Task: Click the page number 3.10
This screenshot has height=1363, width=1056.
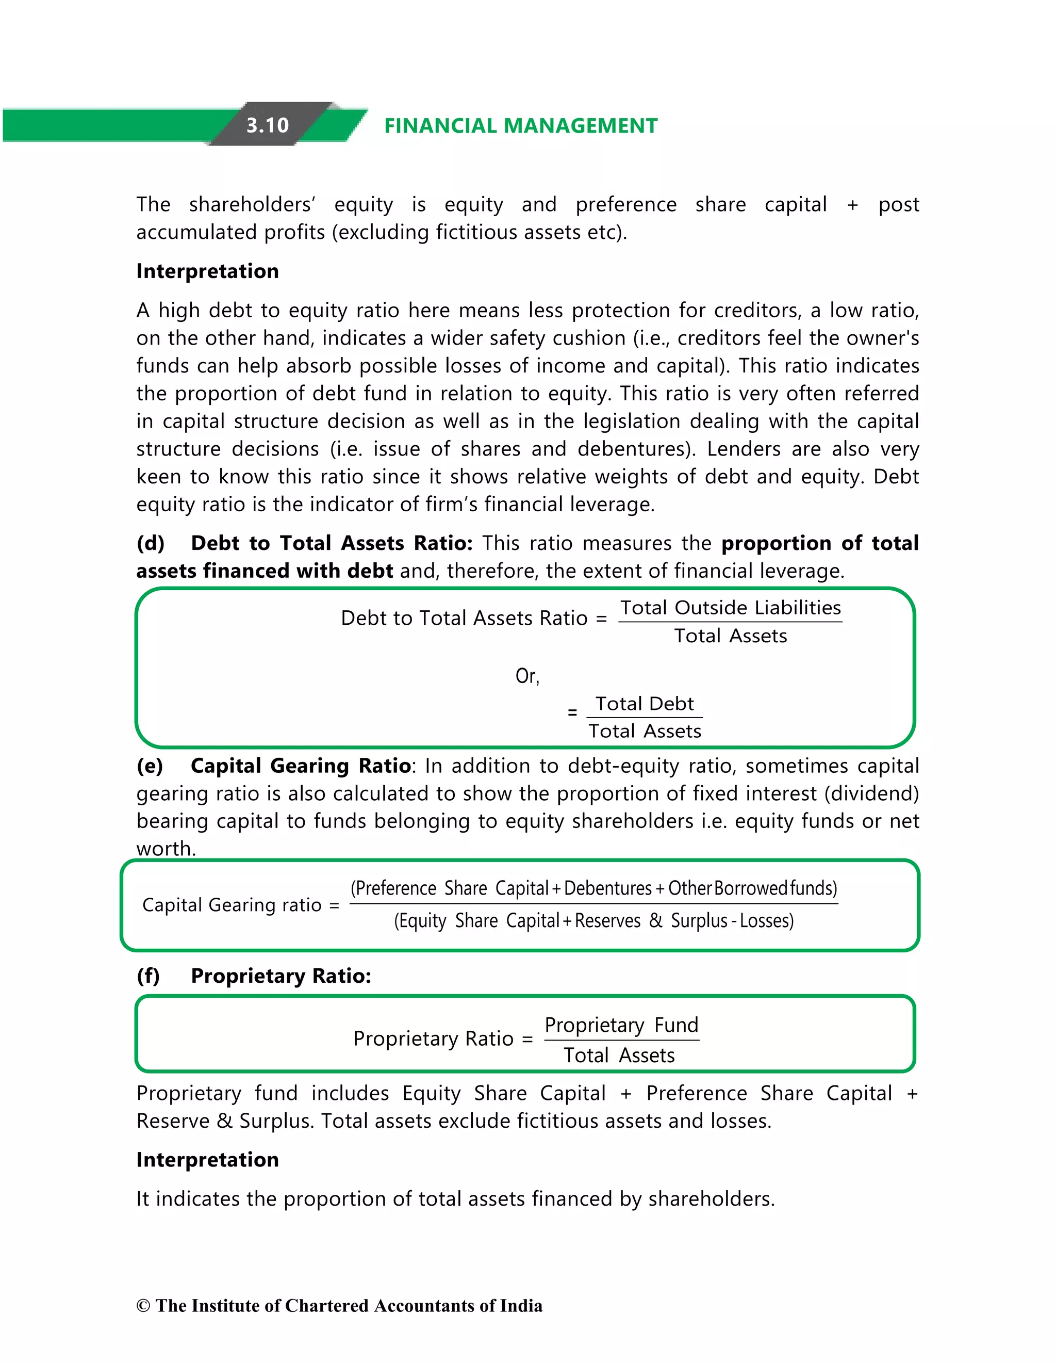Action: click(268, 125)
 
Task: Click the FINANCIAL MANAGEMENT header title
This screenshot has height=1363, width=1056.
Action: click(521, 126)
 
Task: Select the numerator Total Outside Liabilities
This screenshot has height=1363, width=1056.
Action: click(731, 608)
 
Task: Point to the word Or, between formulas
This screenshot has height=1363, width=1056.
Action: click(527, 676)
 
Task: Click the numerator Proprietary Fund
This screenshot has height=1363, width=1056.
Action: click(621, 1026)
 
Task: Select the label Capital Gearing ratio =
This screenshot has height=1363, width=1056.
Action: click(240, 905)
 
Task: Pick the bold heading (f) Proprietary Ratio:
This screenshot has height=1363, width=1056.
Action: click(254, 976)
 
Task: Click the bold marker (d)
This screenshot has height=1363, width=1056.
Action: click(151, 543)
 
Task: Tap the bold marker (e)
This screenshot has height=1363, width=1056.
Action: click(150, 766)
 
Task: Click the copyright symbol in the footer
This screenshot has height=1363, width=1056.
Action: click(143, 1306)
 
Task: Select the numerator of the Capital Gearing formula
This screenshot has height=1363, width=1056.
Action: click(594, 888)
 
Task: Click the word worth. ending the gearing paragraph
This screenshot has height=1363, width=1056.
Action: click(166, 849)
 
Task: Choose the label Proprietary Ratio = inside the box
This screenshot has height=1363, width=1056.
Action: click(443, 1039)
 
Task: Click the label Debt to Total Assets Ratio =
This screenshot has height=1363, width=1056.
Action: click(473, 619)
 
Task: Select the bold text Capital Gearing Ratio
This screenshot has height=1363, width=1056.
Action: click(301, 766)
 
